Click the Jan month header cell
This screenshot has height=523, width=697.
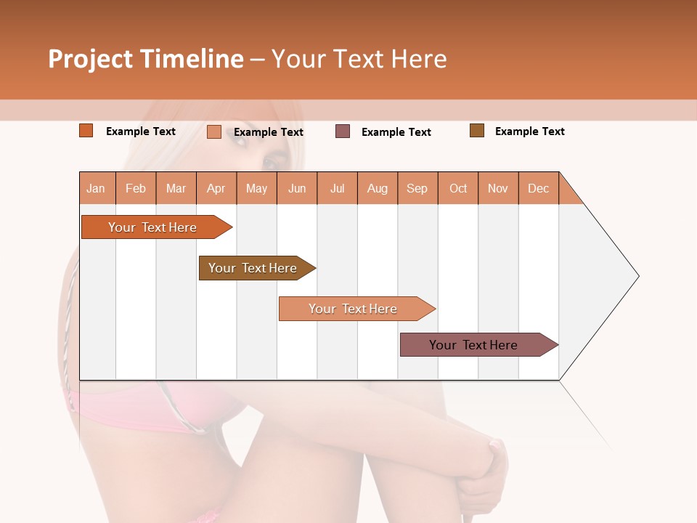tap(97, 189)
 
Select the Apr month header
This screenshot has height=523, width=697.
tap(216, 189)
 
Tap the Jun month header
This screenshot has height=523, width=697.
tap(297, 189)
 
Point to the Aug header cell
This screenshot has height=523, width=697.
tap(378, 189)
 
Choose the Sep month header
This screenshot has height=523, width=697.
tap(417, 189)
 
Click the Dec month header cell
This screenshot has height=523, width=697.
tap(538, 189)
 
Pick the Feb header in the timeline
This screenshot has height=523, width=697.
tap(136, 189)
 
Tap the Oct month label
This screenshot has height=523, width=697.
tap(458, 189)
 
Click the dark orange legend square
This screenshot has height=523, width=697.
tap(86, 131)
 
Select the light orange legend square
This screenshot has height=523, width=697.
tap(214, 131)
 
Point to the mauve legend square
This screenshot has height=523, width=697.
tap(343, 131)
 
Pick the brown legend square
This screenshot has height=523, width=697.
tap(477, 131)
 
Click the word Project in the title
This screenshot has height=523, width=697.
tap(91, 60)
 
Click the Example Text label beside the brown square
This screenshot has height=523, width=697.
tap(529, 131)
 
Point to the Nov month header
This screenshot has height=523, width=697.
tap(498, 189)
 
